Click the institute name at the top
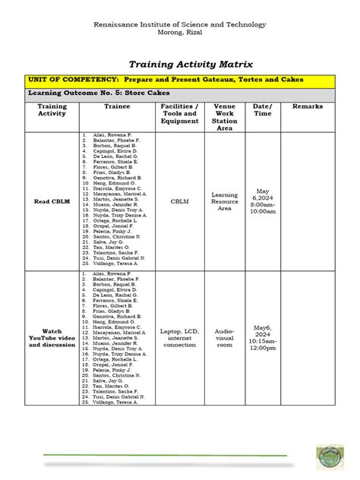tap(179, 25)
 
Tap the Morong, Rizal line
tap(179, 33)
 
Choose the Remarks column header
tap(307, 106)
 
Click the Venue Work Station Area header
tap(224, 117)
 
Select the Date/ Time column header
tap(262, 109)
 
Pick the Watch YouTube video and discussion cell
tap(52, 338)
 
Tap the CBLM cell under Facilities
tap(179, 201)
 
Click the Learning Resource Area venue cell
tap(224, 201)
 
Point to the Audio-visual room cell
tap(224, 338)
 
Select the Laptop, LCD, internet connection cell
tap(179, 338)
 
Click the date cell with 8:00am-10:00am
tap(263, 201)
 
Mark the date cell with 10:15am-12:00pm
tap(263, 338)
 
